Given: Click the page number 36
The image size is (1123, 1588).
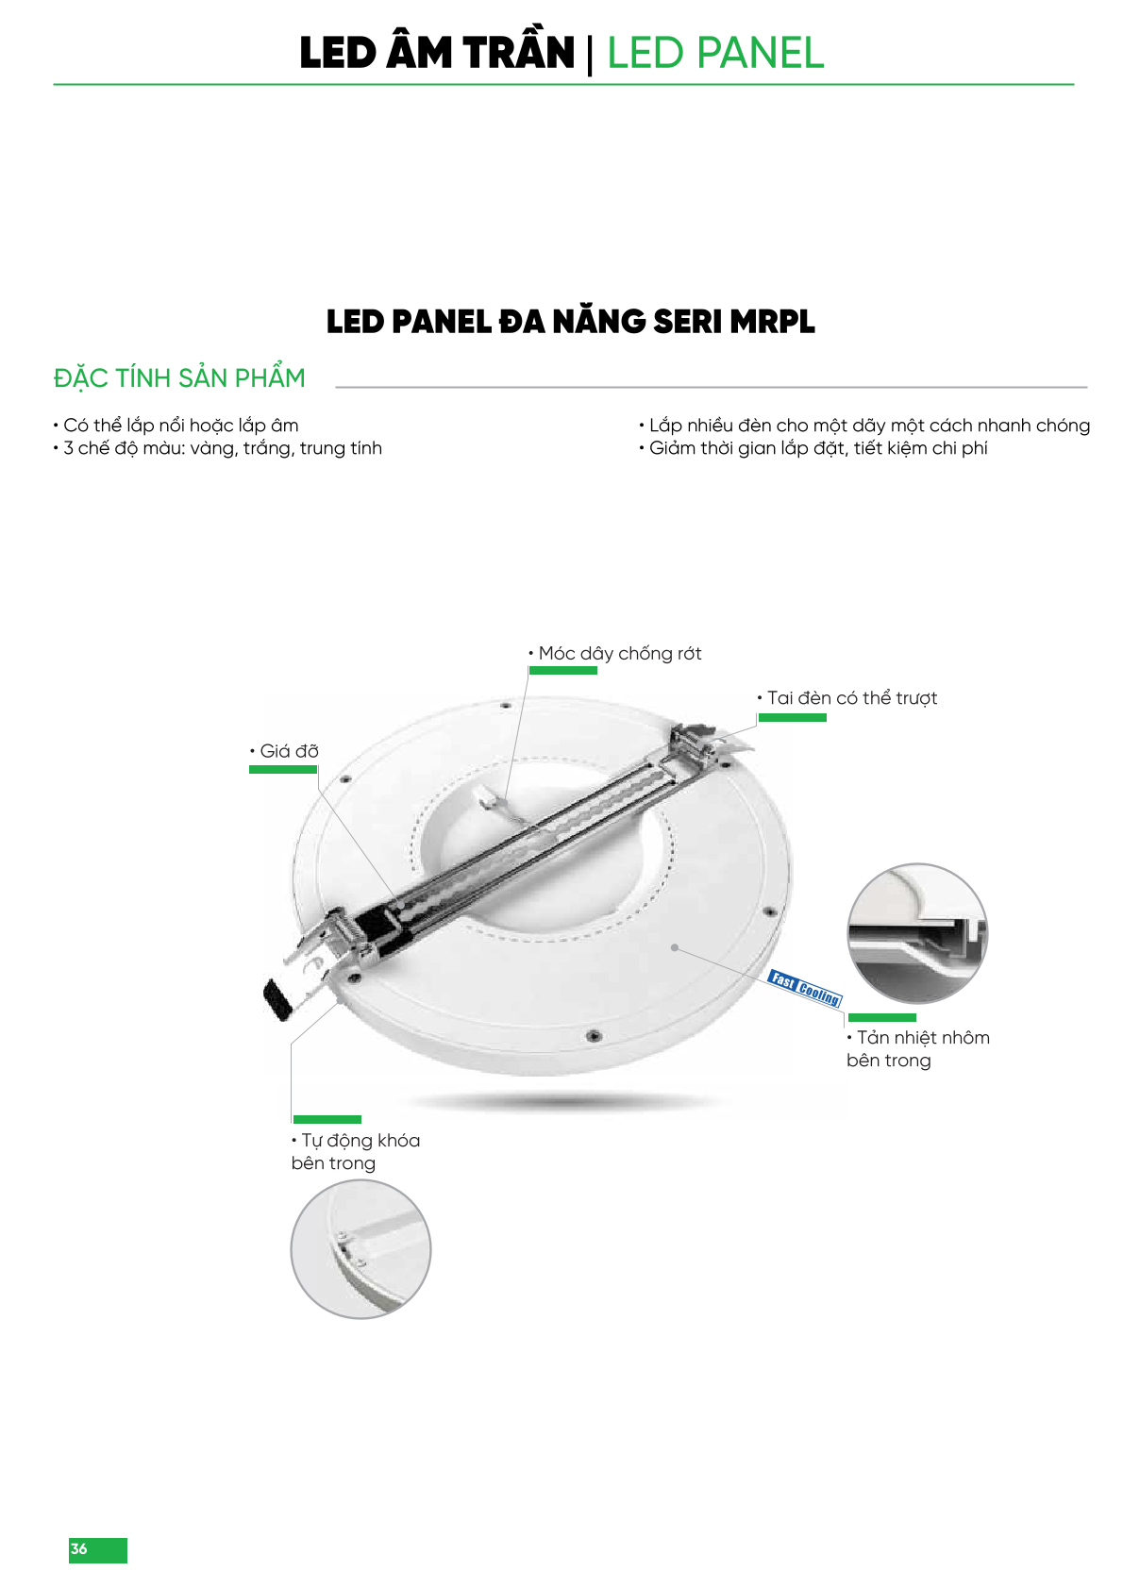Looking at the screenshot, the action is [78, 1548].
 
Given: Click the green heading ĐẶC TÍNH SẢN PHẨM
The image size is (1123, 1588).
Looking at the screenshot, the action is [179, 377].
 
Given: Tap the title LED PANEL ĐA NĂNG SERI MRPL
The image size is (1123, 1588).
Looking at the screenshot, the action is [571, 322].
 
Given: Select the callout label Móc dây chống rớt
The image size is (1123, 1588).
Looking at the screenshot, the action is [615, 654].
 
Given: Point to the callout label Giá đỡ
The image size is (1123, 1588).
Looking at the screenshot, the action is [284, 751].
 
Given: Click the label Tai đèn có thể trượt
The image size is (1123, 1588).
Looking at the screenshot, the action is [847, 698].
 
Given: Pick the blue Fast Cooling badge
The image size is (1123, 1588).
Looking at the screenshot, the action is [805, 988].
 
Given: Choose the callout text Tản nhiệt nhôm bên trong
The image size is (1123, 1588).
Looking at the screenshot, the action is [918, 1048].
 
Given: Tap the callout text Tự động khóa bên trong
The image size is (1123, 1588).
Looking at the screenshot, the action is [355, 1151].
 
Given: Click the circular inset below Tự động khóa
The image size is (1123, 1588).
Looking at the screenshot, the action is [360, 1249].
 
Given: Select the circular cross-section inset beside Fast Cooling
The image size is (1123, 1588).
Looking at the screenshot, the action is [917, 933].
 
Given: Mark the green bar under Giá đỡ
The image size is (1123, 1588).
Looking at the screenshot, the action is [283, 770].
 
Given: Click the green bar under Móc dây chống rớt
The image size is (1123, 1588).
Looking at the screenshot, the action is [563, 671].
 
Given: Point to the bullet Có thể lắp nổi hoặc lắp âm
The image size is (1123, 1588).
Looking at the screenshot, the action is [176, 426].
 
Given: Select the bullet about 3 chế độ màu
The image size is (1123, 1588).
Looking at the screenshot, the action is [218, 448].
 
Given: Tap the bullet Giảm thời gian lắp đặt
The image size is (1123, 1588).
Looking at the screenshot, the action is [813, 448].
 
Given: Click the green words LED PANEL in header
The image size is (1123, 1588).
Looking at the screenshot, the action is [715, 53].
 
